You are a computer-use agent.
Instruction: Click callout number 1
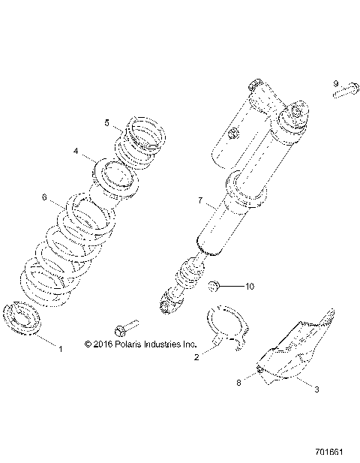tap(61, 348)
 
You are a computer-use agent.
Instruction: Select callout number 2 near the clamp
tap(196, 358)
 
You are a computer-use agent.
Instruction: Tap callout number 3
tap(316, 389)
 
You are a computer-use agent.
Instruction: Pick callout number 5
tap(107, 122)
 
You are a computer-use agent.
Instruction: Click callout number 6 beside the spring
tap(44, 198)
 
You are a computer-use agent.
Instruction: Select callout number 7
tap(200, 200)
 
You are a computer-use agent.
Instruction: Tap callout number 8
tap(240, 382)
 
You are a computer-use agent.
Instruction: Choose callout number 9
tap(337, 83)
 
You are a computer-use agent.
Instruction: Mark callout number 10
tap(250, 286)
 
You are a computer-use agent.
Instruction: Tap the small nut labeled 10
tap(214, 285)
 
